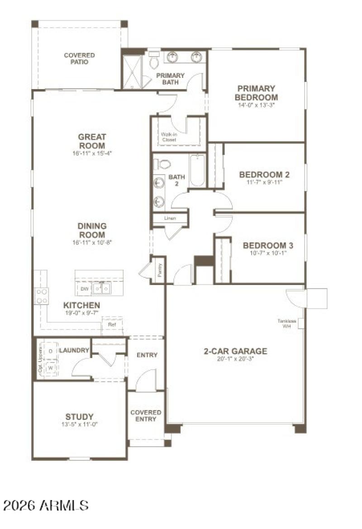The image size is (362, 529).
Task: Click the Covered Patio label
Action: pos(79,58)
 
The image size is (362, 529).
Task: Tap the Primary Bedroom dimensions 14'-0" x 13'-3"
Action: pos(257,105)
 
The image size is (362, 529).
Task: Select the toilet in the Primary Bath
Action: pos(154,61)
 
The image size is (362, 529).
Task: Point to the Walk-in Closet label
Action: pos(169,137)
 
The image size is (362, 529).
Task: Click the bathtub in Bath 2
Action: pos(197,171)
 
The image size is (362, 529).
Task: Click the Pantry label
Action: pos(159,270)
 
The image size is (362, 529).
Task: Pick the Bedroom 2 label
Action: pos(264,175)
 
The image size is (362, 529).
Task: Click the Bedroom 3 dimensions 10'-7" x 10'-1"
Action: pos(268,253)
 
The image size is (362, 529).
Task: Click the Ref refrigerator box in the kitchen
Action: pos(111,325)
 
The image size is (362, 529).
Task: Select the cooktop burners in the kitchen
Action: pos(42,296)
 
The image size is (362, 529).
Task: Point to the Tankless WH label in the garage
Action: pos(287,324)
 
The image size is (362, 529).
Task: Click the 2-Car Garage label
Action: pos(234,351)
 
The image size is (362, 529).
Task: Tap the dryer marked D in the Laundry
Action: pos(51,351)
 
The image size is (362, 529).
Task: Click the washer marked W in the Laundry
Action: pos(51,368)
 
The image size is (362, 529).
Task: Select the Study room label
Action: pos(79,417)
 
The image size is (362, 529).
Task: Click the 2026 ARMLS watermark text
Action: pos(45,505)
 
